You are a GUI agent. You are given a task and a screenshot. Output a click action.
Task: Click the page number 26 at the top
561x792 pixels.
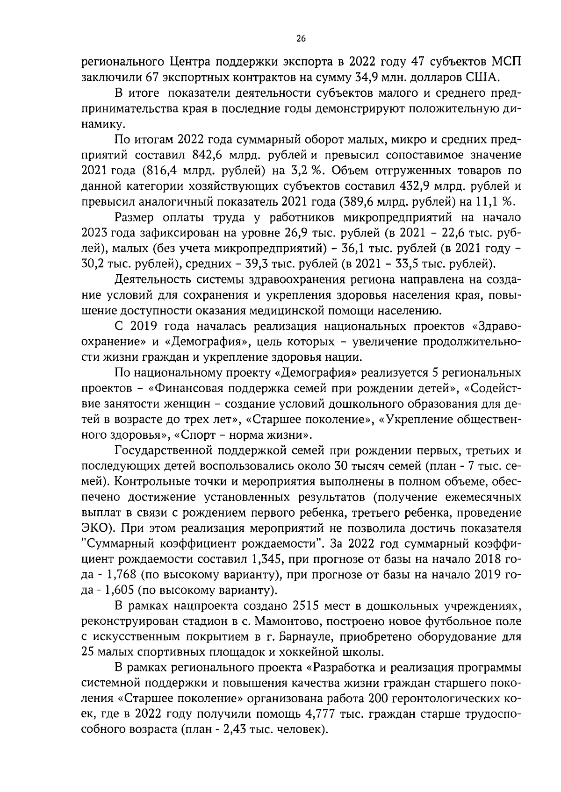click(x=301, y=39)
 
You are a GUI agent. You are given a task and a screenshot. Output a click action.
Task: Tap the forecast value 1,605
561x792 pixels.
click(x=120, y=591)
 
